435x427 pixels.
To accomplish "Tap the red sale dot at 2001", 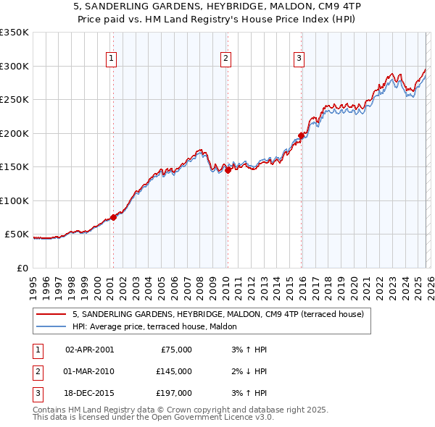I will tap(113, 217).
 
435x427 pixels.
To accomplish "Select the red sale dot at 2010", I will tap(227, 170).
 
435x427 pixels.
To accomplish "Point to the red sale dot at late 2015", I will tap(301, 135).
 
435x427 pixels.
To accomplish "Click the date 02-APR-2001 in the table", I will tap(89, 350).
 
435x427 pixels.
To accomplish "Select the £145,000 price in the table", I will tap(174, 371).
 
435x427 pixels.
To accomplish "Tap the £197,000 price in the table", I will tap(174, 393).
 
